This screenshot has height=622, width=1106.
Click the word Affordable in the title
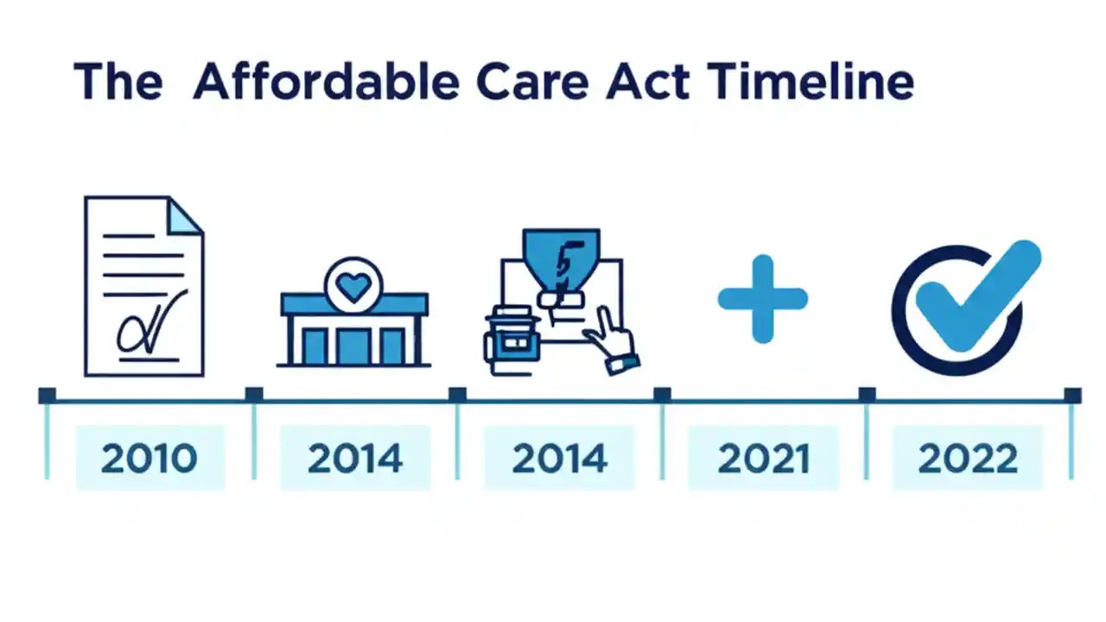[x=326, y=82]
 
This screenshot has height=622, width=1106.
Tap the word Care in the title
[x=532, y=82]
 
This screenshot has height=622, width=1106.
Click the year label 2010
[x=149, y=459]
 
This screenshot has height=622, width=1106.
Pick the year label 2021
[x=764, y=459]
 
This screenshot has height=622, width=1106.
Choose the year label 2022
[x=968, y=459]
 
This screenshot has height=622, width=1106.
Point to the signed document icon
[x=143, y=285]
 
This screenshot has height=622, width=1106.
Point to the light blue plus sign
[x=762, y=299]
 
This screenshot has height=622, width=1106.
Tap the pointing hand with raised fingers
[x=612, y=346]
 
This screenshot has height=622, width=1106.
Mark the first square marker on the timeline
[x=48, y=396]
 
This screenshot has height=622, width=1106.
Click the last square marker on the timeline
[x=1072, y=396]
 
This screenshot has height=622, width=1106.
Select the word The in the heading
[x=118, y=82]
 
